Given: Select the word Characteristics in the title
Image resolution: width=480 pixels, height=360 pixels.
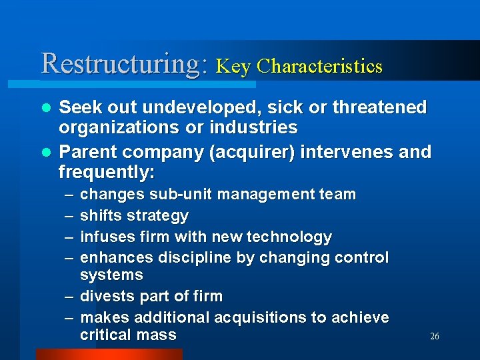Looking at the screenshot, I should pos(319,67).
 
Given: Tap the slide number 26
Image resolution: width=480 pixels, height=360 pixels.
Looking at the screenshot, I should pos(435,337).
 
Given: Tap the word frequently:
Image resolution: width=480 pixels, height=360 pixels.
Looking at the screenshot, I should pos(107,172).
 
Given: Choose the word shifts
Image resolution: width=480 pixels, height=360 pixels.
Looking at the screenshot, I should pos(99,216).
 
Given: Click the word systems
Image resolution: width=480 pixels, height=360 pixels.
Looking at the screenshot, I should pos(111,275).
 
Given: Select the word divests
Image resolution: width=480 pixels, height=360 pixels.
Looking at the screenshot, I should pos(103,296).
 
